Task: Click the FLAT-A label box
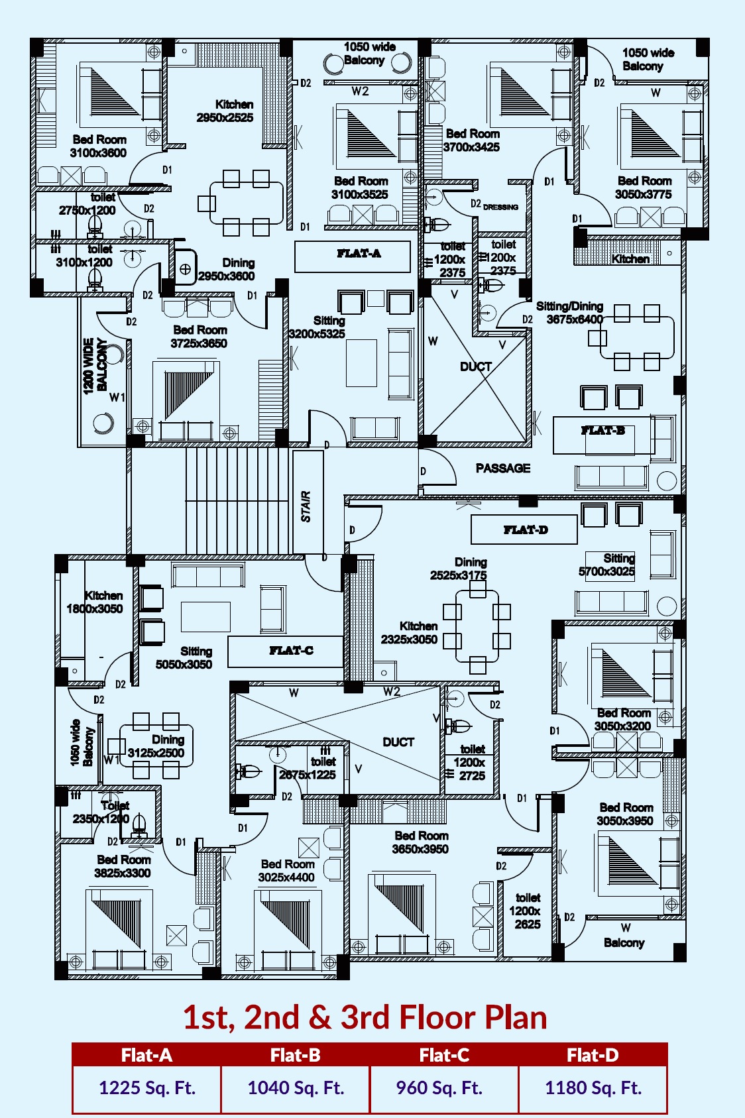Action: point(353,256)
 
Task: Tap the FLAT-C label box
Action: point(286,651)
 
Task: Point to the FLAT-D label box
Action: point(524,530)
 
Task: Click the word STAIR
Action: point(306,506)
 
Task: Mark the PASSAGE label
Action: point(503,468)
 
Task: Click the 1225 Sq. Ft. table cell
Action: point(146,1088)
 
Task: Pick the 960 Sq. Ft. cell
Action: point(444,1088)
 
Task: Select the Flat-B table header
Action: point(295,1054)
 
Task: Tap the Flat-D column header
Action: point(593,1054)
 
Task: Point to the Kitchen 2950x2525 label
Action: point(225,111)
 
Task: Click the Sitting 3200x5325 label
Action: point(317,327)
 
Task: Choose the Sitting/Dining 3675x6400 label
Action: point(570,313)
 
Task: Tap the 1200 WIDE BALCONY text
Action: point(95,366)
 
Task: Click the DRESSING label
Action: point(500,207)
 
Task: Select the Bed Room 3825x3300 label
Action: point(123,866)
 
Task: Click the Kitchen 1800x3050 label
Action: point(95,602)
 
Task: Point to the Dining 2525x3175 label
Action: point(459,569)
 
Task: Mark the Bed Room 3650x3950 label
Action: point(420,842)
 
